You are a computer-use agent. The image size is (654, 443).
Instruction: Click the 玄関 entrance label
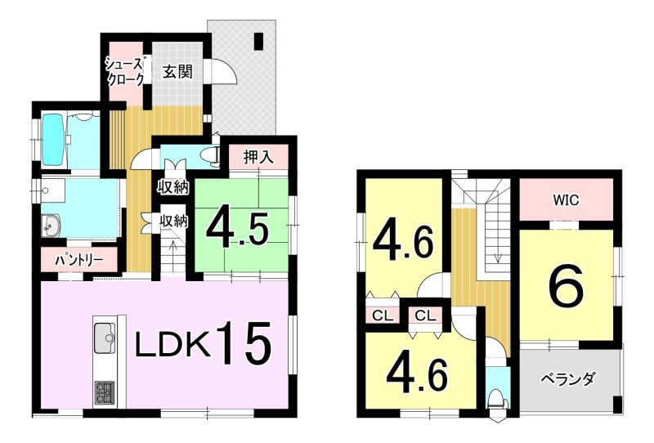177,72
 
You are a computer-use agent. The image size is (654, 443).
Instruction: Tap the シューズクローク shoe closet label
125,72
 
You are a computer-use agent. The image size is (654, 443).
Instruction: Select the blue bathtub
53,141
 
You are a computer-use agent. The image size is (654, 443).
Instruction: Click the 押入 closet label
258,157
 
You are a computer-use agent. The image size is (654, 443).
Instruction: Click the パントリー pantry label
79,261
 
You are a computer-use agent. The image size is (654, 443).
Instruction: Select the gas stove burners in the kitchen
105,392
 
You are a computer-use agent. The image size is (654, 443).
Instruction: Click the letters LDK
172,346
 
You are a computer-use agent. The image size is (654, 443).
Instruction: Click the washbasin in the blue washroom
51,226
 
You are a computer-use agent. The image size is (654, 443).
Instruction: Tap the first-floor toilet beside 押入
210,154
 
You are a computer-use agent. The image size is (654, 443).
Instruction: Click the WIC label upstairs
566,200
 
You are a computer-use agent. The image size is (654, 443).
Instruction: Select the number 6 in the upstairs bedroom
566,287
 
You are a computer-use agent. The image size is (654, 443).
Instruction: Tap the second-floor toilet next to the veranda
498,397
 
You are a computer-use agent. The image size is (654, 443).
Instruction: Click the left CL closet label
383,315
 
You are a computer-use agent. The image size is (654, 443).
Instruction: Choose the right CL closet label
425,315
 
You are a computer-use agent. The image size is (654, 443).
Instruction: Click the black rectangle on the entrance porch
259,41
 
